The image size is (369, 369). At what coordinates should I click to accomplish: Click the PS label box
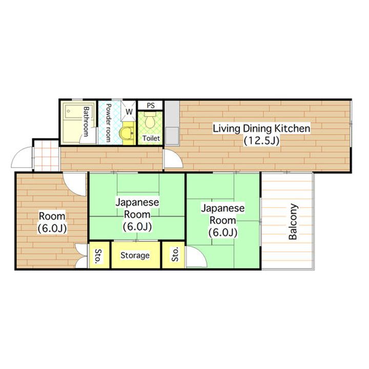(150, 105)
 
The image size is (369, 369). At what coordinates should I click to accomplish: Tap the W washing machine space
(129, 111)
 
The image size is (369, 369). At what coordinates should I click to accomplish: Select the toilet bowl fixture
(150, 120)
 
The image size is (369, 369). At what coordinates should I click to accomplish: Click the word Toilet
(151, 138)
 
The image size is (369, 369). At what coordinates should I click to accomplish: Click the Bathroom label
(86, 121)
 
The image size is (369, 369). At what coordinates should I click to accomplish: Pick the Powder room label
(108, 122)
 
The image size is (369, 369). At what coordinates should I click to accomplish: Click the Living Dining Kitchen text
(261, 129)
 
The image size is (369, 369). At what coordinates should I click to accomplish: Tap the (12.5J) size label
(261, 141)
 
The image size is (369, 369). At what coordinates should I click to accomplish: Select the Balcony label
(293, 222)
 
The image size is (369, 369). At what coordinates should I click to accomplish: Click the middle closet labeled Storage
(135, 255)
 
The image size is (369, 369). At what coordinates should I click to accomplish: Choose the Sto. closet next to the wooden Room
(98, 255)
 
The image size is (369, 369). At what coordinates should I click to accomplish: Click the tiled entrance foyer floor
(46, 156)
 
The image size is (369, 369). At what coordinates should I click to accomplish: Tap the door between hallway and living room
(173, 158)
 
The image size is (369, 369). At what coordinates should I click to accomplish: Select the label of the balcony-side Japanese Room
(222, 220)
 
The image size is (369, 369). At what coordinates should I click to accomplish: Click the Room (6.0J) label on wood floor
(52, 222)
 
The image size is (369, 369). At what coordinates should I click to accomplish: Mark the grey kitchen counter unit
(172, 123)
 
